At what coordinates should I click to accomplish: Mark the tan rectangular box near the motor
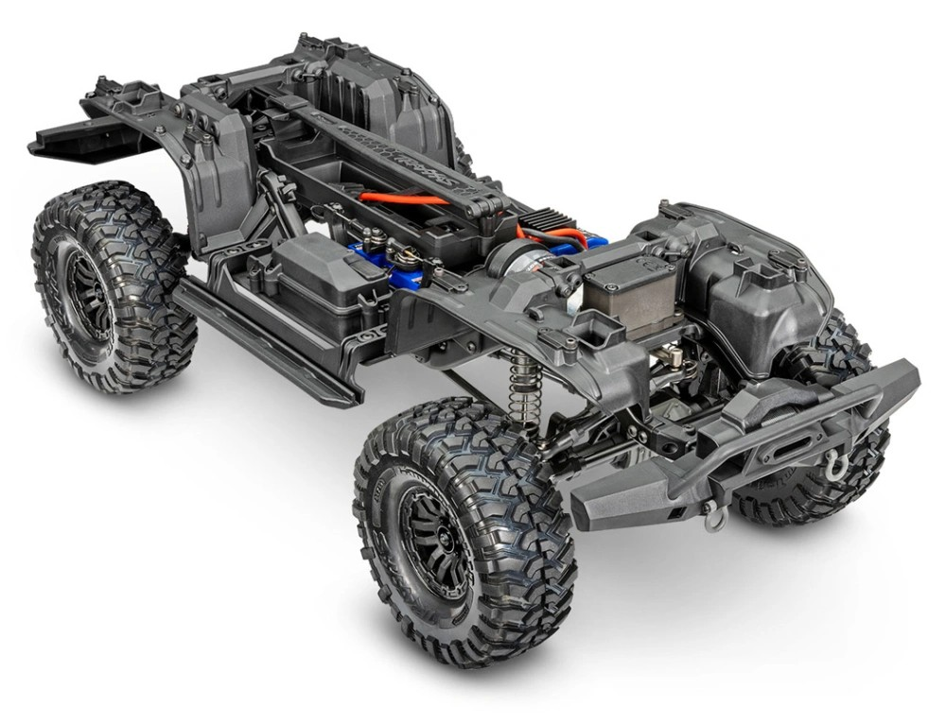click(624, 288)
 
